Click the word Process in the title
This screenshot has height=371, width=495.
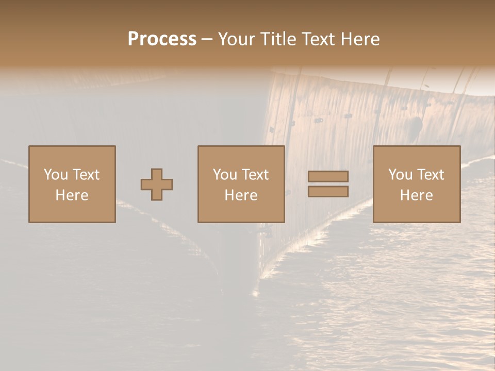(162, 39)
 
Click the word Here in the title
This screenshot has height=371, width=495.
(361, 39)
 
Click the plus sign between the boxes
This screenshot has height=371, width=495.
(157, 184)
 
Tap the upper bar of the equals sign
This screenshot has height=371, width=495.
(328, 176)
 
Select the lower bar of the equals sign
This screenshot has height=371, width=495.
(328, 192)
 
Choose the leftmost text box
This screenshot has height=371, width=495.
(72, 184)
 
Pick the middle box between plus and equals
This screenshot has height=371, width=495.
(241, 184)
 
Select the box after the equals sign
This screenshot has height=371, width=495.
(417, 184)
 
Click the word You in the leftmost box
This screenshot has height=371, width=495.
(56, 175)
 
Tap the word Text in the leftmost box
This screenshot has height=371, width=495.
(86, 175)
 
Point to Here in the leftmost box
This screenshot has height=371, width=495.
(72, 195)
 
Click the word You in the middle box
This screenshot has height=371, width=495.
(225, 175)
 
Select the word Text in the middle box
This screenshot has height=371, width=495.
(255, 175)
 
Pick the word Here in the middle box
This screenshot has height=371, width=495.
(241, 195)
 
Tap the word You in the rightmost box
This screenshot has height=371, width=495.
(400, 175)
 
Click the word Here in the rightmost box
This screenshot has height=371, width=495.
(417, 195)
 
